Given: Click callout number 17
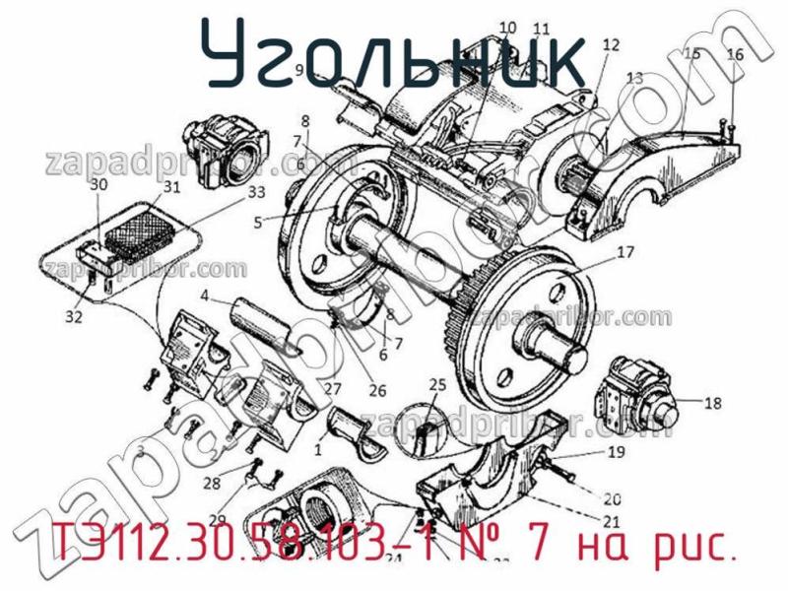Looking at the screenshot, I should (625, 252).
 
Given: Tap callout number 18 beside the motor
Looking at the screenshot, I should (713, 402).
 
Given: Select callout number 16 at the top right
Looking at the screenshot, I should (735, 56).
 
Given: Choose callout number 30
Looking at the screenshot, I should (98, 184).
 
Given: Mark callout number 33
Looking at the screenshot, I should (229, 191).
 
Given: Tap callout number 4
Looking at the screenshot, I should (203, 295).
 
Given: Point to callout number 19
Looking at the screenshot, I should (616, 453).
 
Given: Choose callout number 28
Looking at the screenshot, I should (210, 484).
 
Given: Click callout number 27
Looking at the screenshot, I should (333, 388).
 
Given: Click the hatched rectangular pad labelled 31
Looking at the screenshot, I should (138, 229).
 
